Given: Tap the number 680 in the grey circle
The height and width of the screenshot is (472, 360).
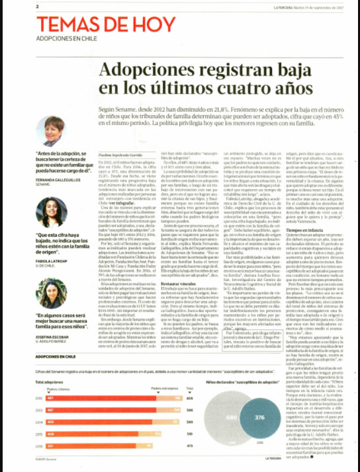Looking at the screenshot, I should pyautogui.click(x=231, y=418).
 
